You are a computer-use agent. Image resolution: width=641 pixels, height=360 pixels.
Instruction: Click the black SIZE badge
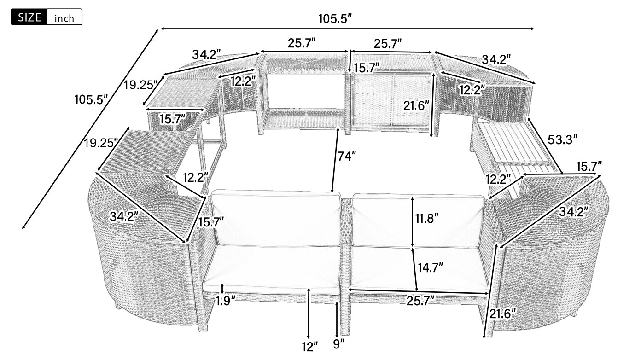click(29, 17)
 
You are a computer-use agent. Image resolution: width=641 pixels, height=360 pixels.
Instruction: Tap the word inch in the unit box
click(64, 19)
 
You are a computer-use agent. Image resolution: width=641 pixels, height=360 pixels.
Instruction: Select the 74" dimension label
click(347, 156)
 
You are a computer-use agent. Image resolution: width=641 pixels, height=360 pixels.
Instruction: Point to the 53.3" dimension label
click(562, 140)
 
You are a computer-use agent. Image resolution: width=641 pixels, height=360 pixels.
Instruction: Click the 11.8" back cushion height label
click(427, 219)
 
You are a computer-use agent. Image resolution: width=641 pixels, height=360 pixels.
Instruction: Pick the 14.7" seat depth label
click(431, 268)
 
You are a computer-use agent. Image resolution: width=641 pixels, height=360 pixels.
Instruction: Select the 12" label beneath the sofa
click(310, 347)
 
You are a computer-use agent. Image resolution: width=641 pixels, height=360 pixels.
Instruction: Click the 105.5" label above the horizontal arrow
click(335, 19)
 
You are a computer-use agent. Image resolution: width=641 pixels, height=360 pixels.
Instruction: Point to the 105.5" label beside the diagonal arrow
click(91, 99)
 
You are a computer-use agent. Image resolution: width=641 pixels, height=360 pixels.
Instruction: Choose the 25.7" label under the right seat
click(421, 301)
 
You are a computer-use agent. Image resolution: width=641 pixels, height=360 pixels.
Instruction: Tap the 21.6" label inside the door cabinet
click(416, 106)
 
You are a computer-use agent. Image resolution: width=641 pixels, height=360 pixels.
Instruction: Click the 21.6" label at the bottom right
click(502, 314)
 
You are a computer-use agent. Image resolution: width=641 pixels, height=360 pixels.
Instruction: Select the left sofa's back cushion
click(276, 220)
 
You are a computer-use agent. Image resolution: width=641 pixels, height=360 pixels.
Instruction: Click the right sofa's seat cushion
click(419, 267)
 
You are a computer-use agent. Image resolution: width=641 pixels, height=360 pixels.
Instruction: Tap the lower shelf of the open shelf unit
click(304, 118)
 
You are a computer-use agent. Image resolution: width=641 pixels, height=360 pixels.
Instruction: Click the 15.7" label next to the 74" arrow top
click(367, 68)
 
